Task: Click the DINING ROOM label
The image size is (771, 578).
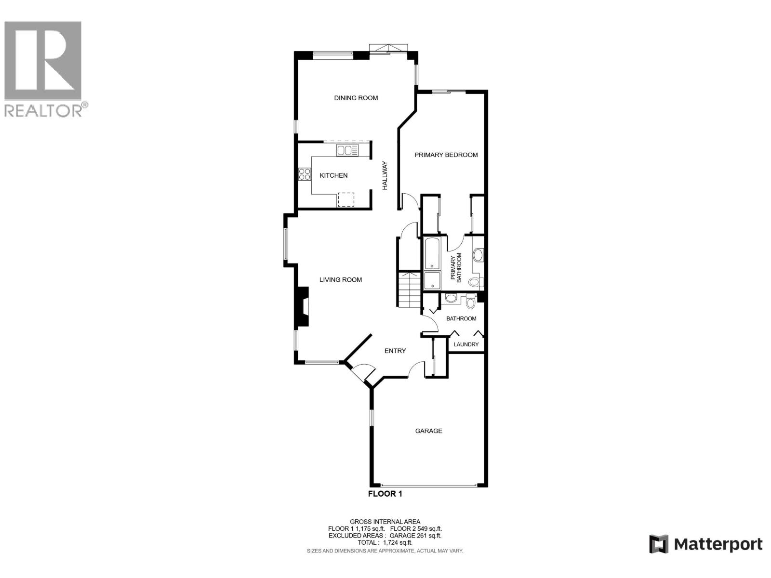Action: tap(356, 98)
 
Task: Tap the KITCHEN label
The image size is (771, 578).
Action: tap(333, 175)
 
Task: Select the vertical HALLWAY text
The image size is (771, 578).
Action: tap(385, 175)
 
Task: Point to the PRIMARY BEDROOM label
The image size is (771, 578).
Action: tap(446, 155)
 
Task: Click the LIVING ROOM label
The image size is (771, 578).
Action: tap(341, 279)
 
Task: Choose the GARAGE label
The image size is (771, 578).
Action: tap(428, 431)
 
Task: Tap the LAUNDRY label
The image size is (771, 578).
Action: tap(466, 344)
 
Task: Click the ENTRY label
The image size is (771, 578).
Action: tap(395, 351)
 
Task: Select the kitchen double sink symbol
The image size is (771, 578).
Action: tap(347, 151)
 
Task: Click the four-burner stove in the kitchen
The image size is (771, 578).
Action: tap(304, 174)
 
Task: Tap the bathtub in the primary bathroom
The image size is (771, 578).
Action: tap(432, 253)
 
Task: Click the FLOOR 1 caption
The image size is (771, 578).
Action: tap(385, 493)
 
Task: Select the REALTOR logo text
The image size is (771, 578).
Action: tap(43, 110)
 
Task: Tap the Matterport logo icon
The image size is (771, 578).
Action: tap(658, 544)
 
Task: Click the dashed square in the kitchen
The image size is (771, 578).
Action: tap(346, 199)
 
